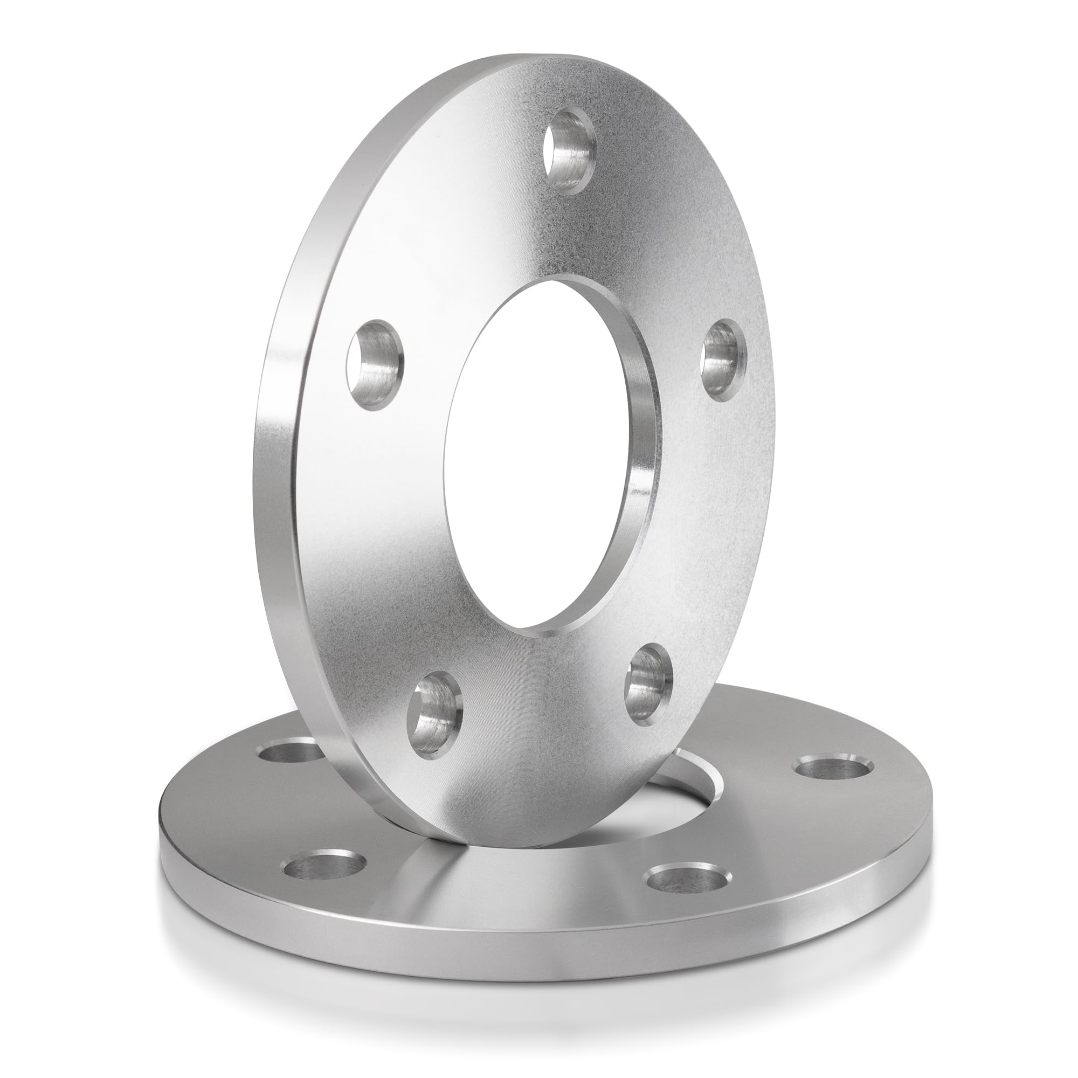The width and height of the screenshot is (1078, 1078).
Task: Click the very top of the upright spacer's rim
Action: pyautogui.click(x=519, y=57)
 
